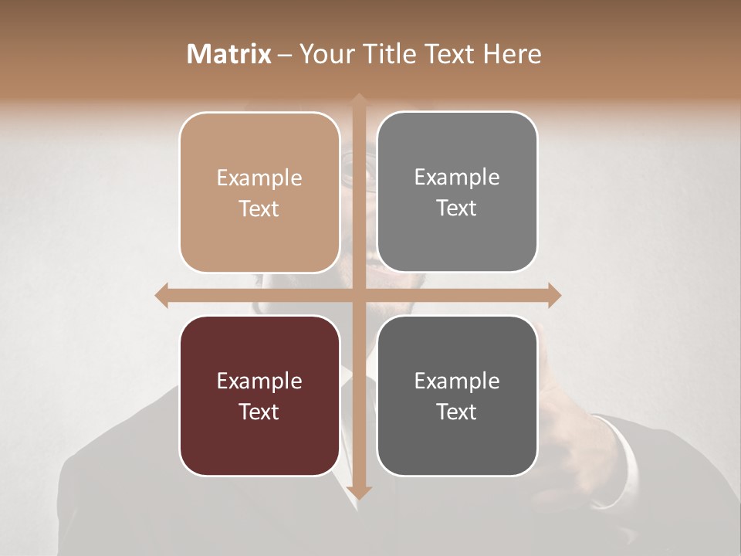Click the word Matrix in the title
pyautogui.click(x=229, y=54)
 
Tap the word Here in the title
pyautogui.click(x=513, y=54)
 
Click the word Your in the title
pyautogui.click(x=323, y=54)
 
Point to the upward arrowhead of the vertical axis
pyautogui.click(x=358, y=100)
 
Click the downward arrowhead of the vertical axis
pyautogui.click(x=358, y=493)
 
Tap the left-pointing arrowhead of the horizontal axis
pyautogui.click(x=162, y=295)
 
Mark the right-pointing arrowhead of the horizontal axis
pyautogui.click(x=553, y=295)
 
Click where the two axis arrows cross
pyautogui.click(x=358, y=295)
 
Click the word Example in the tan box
pyautogui.click(x=259, y=178)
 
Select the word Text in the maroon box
pyautogui.click(x=259, y=412)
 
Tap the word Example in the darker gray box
pyautogui.click(x=457, y=381)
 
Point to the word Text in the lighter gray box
pyautogui.click(x=457, y=208)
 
